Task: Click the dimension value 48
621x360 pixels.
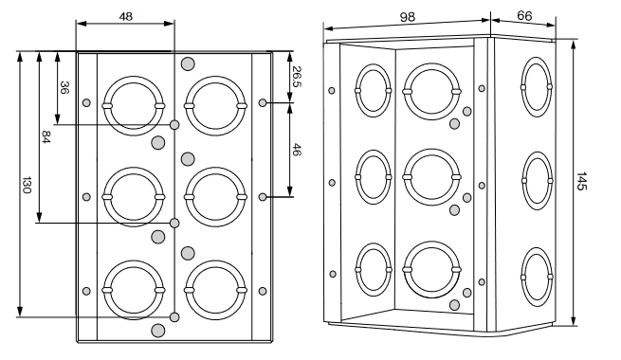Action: click(x=125, y=17)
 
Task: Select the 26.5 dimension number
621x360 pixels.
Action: click(x=297, y=77)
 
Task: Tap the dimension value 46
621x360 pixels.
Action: click(x=297, y=150)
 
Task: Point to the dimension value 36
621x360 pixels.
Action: click(x=64, y=87)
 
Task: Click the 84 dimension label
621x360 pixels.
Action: click(x=46, y=137)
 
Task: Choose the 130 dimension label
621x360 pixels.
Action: click(x=27, y=185)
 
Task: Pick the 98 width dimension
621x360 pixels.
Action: click(x=407, y=17)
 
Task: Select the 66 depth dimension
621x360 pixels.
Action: click(x=524, y=16)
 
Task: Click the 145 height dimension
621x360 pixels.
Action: click(x=580, y=181)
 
